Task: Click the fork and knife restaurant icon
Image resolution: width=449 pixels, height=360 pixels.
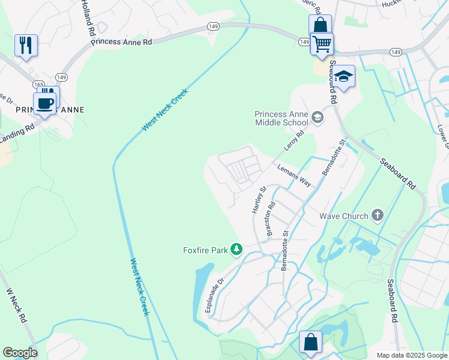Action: [x=26, y=45]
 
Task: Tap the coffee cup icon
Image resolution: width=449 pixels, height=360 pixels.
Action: [x=45, y=103]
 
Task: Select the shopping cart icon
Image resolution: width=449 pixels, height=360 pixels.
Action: [x=322, y=43]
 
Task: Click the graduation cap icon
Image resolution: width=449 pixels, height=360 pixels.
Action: [x=343, y=77]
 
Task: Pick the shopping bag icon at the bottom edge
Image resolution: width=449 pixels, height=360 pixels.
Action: [x=311, y=343]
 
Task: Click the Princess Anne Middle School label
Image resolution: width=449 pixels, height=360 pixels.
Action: [x=281, y=118]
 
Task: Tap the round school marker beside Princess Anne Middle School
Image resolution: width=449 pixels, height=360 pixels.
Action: [x=318, y=119]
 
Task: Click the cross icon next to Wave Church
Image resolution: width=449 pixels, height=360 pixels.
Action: [x=377, y=215]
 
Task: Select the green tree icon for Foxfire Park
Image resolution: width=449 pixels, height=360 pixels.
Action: [x=237, y=249]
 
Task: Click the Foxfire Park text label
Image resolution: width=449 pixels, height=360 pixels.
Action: [x=205, y=250]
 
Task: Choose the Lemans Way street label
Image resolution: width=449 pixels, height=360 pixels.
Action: [x=294, y=176]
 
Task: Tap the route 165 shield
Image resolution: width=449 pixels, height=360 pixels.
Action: [x=39, y=85]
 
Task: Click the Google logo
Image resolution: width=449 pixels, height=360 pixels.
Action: [x=20, y=353]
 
